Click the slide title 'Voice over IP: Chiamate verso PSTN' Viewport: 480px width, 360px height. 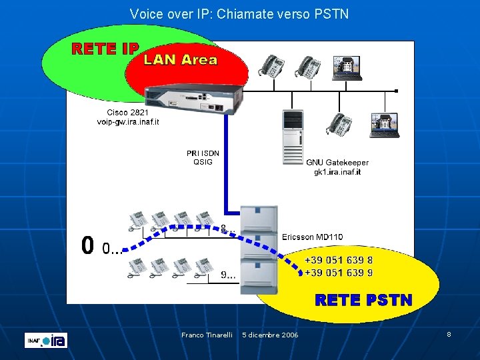pos(239,13)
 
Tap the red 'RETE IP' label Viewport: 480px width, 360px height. pos(105,49)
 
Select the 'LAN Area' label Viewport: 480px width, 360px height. pos(181,60)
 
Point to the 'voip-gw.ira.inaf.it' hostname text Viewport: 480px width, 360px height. pos(128,122)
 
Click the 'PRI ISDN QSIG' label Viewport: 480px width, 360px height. pos(203,157)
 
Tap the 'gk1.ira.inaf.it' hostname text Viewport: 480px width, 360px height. pos(337,172)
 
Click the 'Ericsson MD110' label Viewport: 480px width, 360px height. pos(313,237)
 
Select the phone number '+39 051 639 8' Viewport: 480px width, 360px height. pos(339,261)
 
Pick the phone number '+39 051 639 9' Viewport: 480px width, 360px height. pos(339,273)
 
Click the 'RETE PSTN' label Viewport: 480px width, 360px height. pos(363,301)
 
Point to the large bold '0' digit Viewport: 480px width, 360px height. pos(87,246)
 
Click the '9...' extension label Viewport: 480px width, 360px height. pos(229,274)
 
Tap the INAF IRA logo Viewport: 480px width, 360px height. pos(46,340)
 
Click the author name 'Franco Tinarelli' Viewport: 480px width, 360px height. pos(207,335)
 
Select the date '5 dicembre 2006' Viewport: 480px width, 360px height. pos(270,335)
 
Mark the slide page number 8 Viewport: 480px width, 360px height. pos(449,334)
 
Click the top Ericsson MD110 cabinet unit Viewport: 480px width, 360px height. pos(259,219)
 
